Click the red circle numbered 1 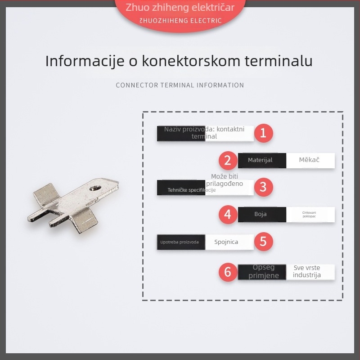(x=263, y=133)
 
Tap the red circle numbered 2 (x=228, y=160)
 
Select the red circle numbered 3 (x=263, y=187)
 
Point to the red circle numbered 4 (x=228, y=214)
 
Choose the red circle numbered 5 (x=263, y=242)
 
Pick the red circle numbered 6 (x=228, y=272)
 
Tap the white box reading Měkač (x=310, y=160)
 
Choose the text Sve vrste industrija (x=307, y=271)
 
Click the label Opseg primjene (x=263, y=271)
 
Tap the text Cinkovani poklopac (x=310, y=215)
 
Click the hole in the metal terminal (x=96, y=186)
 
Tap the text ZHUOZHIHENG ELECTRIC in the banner (x=180, y=20)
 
